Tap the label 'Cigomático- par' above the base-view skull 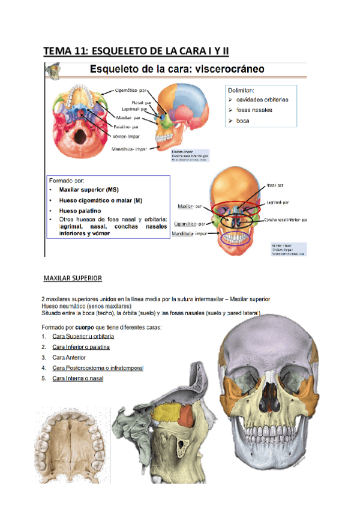pos(128,92)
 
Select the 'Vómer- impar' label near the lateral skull pos(127,136)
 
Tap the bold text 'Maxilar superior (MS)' pos(93,190)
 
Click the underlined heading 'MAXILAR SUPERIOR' pos(73,279)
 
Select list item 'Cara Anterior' pos(69,357)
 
